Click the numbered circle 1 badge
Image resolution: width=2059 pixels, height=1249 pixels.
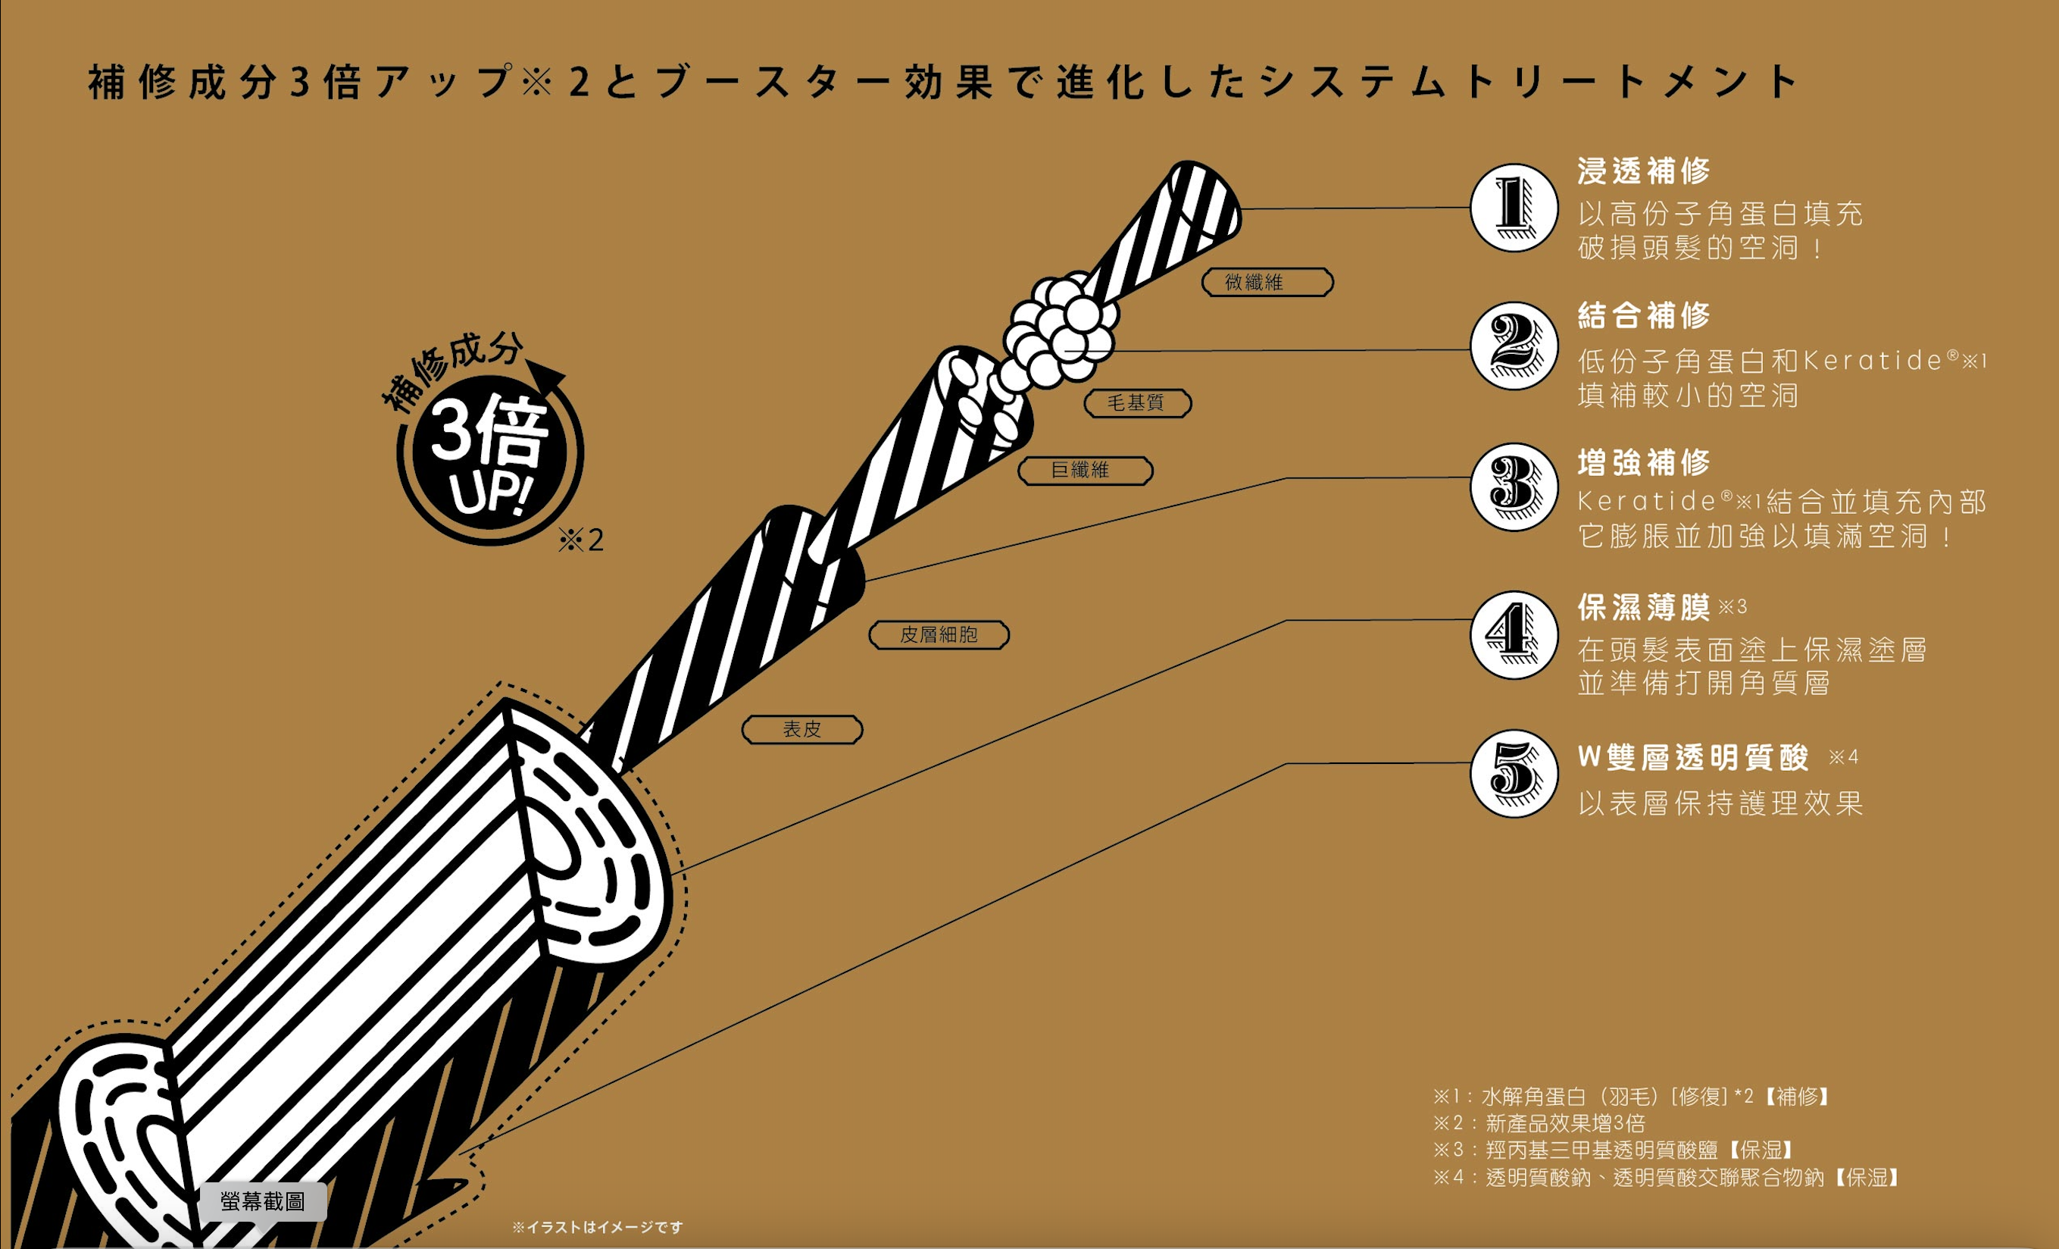(1514, 208)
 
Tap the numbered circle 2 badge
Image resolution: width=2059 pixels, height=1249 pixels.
(1514, 346)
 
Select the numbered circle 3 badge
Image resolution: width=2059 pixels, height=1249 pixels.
(1514, 487)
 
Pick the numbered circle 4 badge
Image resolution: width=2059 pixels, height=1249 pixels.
(1514, 634)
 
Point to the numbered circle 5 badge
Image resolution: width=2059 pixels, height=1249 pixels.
(1514, 773)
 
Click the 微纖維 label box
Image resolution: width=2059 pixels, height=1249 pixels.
(1267, 283)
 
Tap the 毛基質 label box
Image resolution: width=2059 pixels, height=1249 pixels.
(1137, 403)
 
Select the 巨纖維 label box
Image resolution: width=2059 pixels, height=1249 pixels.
(1085, 471)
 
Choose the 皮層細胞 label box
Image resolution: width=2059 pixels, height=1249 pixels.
(939, 635)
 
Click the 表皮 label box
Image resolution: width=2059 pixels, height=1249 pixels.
(802, 729)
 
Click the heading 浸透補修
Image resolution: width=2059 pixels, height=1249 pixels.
(1643, 171)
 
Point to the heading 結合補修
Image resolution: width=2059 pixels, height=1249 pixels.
(1643, 315)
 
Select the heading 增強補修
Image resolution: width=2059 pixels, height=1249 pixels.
(1643, 462)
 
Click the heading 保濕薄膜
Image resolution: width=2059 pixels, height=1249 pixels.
(1643, 608)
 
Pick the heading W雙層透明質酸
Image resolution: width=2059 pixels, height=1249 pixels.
(1693, 757)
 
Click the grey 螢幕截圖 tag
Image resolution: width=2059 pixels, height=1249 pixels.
(262, 1201)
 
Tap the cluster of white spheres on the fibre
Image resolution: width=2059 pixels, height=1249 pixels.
(1060, 330)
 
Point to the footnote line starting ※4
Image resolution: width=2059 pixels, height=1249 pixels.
(1667, 1177)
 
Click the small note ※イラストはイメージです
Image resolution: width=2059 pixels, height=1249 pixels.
(598, 1227)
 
